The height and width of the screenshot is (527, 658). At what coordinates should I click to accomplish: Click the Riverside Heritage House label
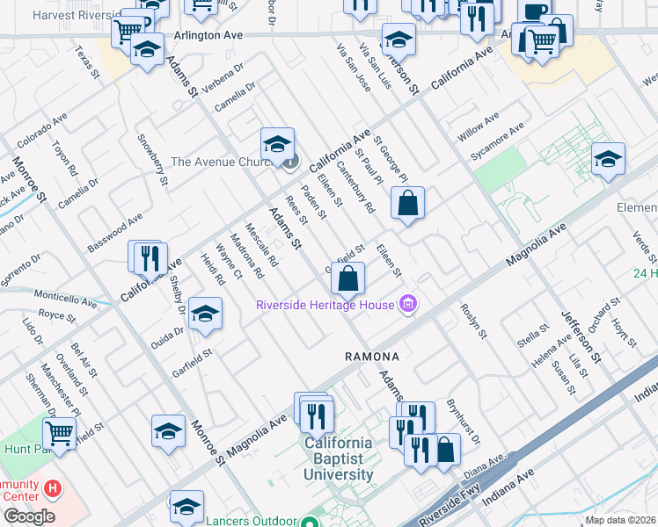point(325,306)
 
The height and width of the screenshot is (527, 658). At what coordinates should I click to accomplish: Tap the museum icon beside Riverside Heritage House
point(407,305)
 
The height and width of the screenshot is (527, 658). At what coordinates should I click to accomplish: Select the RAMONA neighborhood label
point(371,357)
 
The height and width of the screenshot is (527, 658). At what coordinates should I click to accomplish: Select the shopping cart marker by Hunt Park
point(59,432)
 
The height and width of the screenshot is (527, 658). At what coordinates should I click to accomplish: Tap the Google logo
point(28,516)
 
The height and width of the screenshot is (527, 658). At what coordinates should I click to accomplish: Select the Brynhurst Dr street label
point(464,423)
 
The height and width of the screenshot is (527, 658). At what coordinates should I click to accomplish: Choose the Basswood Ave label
point(114,233)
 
